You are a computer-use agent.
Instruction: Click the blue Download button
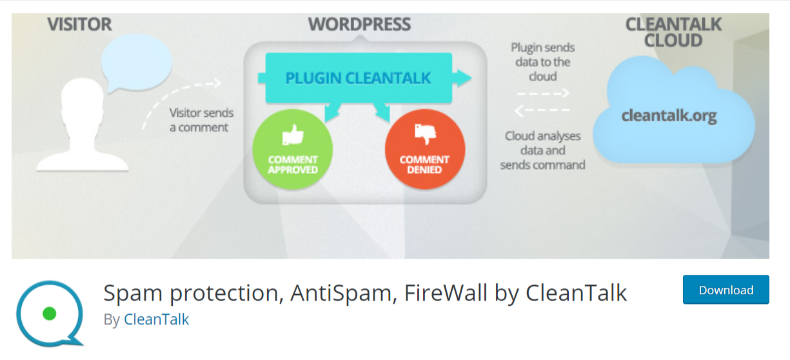click(726, 290)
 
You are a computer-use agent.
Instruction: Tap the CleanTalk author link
click(156, 319)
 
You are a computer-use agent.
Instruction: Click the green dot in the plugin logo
click(49, 314)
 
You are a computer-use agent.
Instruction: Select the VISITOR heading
click(79, 25)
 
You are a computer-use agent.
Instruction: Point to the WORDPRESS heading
click(359, 25)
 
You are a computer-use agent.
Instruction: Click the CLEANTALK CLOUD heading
click(673, 32)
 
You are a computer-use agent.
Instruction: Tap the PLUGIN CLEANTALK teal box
click(358, 79)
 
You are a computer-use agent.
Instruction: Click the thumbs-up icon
click(293, 134)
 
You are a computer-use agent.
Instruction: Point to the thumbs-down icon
click(424, 134)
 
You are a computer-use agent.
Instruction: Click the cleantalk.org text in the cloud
click(669, 115)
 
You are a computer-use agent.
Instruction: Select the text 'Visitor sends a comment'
click(201, 120)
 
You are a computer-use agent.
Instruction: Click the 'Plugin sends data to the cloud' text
click(542, 62)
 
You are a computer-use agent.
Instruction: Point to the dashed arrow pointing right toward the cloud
click(542, 92)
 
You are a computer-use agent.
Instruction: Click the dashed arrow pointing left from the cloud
click(542, 110)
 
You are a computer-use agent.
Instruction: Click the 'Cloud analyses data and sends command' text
click(542, 150)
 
